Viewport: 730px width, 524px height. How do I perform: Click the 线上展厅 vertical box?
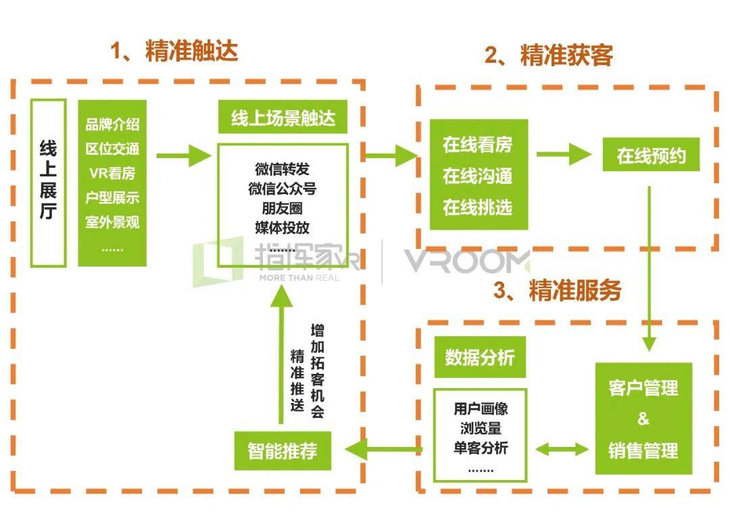49,182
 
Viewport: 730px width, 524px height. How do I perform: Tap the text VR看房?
112,173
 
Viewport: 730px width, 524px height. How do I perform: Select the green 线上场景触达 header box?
283,120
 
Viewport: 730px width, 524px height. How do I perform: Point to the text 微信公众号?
282,189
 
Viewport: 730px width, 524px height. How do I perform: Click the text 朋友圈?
282,208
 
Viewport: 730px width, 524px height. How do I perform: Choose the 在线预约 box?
651,157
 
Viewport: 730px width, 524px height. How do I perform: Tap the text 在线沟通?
477,176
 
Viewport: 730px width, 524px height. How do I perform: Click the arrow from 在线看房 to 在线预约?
563,155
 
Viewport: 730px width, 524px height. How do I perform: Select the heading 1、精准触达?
174,51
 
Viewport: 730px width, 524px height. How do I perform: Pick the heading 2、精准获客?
549,55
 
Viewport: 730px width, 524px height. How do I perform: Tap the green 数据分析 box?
479,358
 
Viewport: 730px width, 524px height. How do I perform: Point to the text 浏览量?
481,429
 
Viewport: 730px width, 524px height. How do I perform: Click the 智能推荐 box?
283,450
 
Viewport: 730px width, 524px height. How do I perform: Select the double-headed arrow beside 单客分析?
562,448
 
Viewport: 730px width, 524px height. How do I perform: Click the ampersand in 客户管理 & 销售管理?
643,419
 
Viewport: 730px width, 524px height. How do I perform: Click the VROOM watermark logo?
466,260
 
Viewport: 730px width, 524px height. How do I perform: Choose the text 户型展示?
112,197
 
